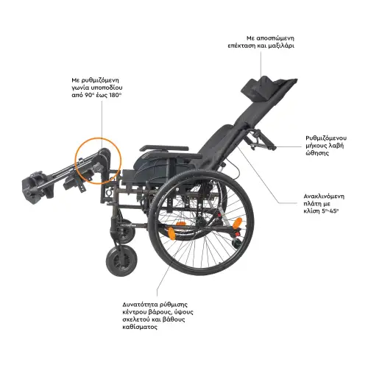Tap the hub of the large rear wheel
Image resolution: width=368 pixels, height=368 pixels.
[202, 222]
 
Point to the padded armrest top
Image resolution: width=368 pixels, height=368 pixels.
[164, 149]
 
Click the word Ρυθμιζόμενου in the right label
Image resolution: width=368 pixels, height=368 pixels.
[326, 138]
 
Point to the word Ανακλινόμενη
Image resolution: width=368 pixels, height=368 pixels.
[324, 197]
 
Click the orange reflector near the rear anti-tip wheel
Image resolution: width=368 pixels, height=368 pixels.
[238, 224]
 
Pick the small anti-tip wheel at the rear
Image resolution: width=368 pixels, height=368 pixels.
[237, 243]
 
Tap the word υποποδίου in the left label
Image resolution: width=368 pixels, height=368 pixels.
[108, 88]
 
